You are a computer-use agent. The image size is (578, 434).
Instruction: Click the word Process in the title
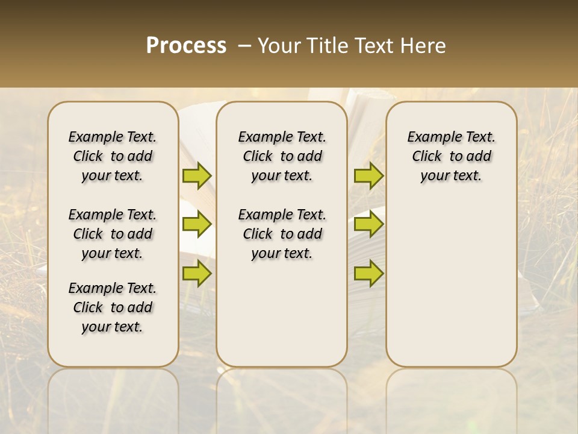[x=186, y=46]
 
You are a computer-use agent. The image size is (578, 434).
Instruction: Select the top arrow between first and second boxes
[x=197, y=176]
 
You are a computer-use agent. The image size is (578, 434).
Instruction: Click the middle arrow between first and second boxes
[x=197, y=224]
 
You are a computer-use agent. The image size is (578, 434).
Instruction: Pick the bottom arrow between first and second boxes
[x=197, y=273]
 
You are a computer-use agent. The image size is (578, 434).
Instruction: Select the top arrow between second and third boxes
[x=368, y=176]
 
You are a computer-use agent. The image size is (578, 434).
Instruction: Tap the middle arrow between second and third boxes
[x=368, y=224]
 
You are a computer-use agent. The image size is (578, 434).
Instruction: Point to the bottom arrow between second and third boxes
[x=368, y=273]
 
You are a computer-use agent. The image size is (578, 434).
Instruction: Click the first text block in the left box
[x=113, y=156]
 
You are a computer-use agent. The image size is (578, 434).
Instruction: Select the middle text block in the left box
[x=113, y=234]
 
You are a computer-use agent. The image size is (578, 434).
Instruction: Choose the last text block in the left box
[x=113, y=307]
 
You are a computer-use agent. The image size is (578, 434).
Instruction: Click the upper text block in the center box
[x=282, y=156]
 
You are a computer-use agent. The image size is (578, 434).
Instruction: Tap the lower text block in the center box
[x=282, y=234]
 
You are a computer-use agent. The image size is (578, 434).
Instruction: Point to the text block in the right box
[x=451, y=156]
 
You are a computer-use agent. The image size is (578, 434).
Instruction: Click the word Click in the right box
[x=427, y=157]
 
